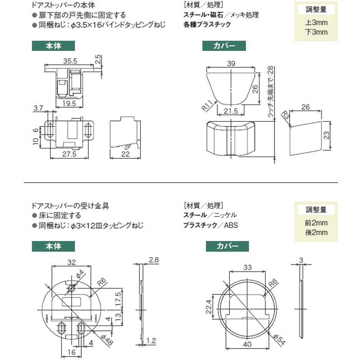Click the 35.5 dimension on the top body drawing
(70, 61)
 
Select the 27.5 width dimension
(69, 154)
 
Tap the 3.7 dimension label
(39, 107)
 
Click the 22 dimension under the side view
(125, 154)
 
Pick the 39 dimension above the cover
(231, 64)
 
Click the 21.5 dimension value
(231, 111)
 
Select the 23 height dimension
(335, 135)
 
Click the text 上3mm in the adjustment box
(316, 23)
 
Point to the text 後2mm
(316, 233)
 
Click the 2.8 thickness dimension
(154, 260)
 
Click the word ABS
(231, 225)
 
